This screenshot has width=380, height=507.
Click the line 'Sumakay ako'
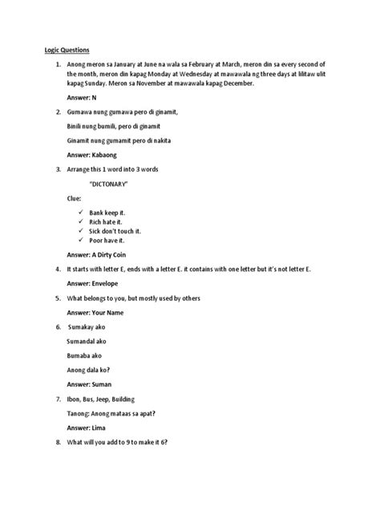click(x=87, y=328)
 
